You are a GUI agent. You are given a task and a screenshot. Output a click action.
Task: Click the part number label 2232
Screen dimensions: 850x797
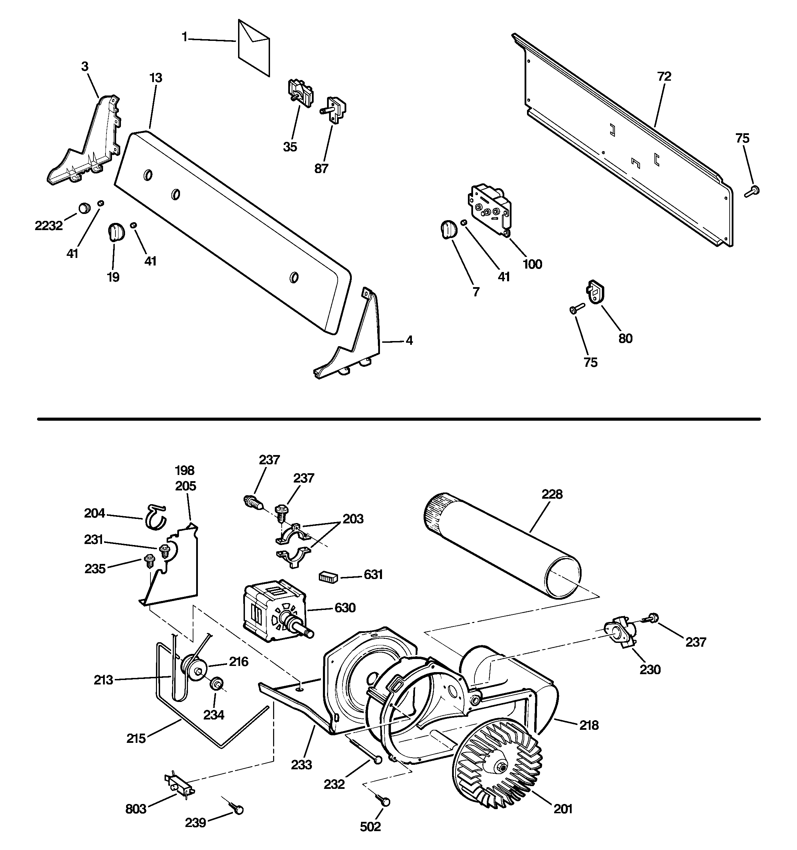tap(49, 225)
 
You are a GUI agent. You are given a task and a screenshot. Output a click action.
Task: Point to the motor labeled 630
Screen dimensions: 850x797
tap(274, 612)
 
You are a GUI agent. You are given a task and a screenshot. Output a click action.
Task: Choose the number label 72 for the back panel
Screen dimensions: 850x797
tap(664, 77)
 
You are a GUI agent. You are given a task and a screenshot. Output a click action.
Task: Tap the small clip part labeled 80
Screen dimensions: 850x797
tap(595, 293)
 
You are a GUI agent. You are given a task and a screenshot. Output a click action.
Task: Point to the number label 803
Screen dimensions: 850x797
tap(136, 809)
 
